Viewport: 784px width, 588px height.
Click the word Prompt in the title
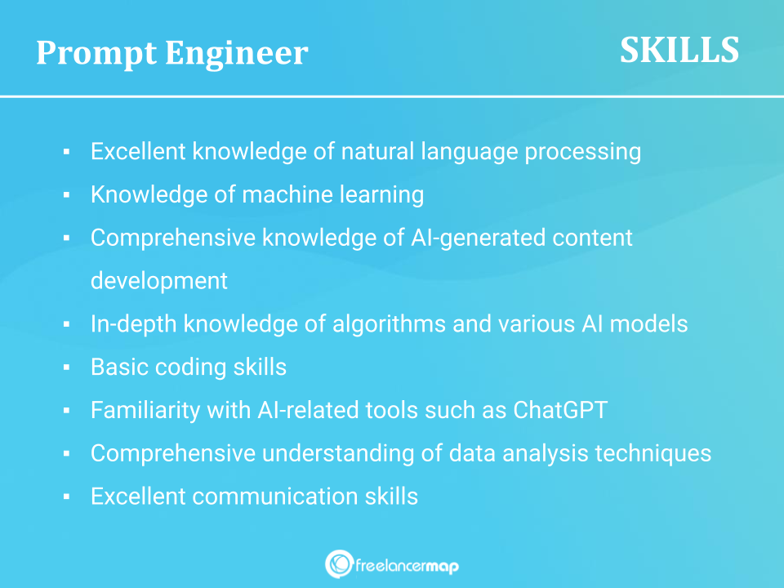96,54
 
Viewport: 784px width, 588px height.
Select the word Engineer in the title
237,54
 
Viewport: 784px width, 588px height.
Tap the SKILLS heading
679,50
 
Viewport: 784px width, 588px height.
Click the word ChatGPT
560,410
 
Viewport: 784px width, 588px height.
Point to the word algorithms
389,324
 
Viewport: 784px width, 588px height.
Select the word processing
582,152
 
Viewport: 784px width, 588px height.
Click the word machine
287,194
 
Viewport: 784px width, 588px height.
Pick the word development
159,281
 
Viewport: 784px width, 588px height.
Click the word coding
190,367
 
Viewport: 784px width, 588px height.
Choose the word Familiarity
145,411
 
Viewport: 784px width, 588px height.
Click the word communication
275,497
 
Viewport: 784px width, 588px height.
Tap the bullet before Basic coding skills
66,367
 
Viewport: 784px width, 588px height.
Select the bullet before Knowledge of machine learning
66,195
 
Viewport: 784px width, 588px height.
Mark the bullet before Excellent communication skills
66,497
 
